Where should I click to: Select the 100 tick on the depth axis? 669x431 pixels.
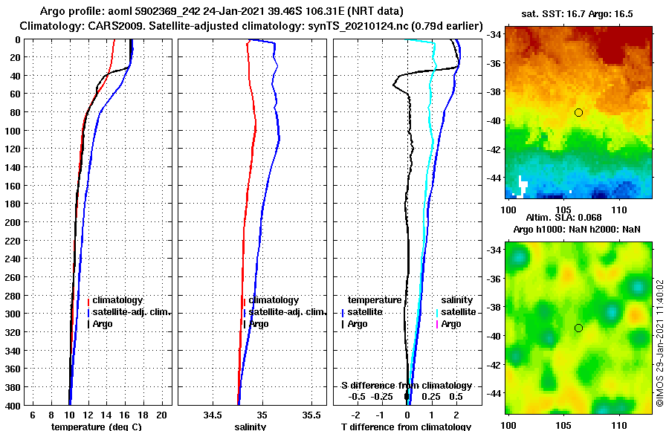13,130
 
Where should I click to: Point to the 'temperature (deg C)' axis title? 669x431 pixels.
97,427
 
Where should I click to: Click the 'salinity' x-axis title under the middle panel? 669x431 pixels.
250,427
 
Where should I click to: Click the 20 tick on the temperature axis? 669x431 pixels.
161,414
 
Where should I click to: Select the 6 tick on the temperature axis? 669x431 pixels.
33,414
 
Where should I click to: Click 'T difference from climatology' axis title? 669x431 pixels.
406,427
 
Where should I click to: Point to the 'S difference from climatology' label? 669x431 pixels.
407,386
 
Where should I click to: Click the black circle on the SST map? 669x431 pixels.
578,112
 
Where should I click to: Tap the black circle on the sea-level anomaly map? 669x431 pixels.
578,328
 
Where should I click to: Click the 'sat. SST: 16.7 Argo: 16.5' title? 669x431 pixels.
581,13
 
